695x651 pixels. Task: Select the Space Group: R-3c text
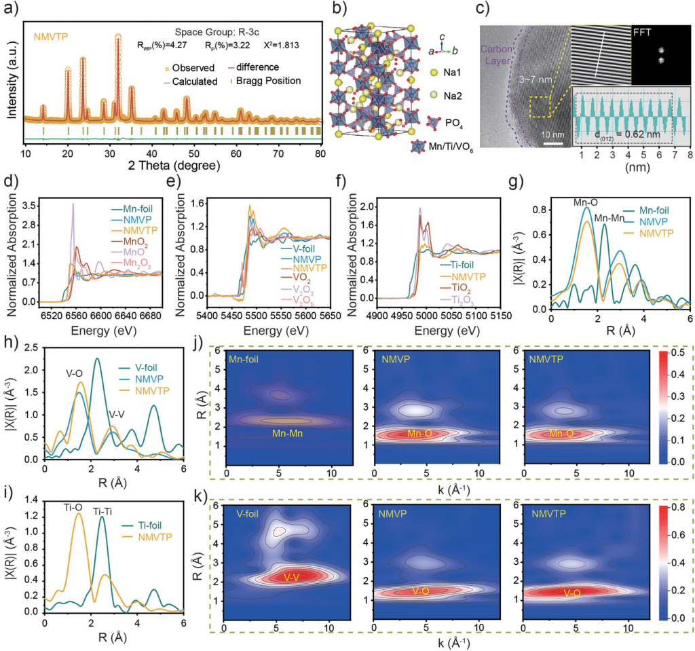point(213,32)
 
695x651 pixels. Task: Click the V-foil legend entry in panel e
point(293,253)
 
